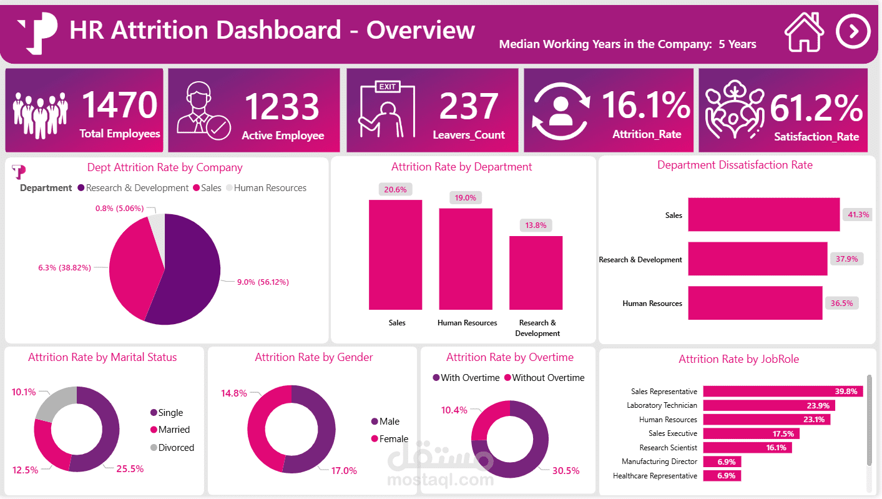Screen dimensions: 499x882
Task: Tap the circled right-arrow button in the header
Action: [853, 31]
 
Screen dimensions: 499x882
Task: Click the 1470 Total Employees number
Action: [119, 105]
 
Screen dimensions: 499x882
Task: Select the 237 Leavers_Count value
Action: [468, 106]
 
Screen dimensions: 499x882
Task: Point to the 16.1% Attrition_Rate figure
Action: [646, 105]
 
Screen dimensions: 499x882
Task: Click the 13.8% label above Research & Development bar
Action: [536, 225]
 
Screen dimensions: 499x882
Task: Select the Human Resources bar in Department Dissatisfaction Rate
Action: [755, 303]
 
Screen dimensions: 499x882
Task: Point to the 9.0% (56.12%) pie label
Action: [262, 282]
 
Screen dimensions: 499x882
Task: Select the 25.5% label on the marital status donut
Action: [130, 468]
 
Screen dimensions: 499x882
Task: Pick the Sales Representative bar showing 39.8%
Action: [783, 392]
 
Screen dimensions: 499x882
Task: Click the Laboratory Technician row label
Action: [662, 405]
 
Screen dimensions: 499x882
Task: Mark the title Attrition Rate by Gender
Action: [313, 357]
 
